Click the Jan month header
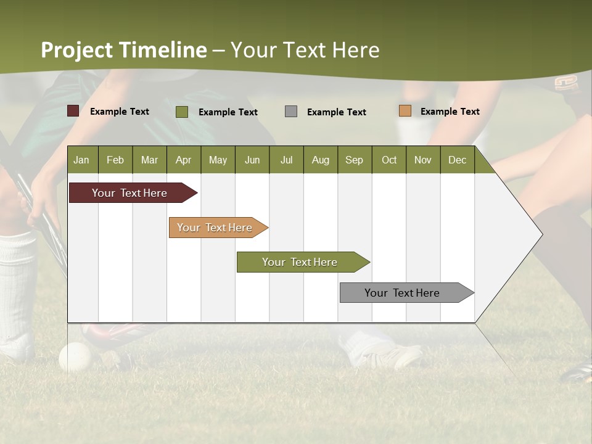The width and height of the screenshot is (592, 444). tap(82, 160)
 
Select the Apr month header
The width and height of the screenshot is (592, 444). tap(184, 160)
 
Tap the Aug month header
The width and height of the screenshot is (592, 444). tap(321, 160)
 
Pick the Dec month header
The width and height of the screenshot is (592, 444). tap(457, 160)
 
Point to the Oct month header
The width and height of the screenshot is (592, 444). tap(389, 160)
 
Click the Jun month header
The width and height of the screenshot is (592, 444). tap(252, 160)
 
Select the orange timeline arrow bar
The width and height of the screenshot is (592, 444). tap(215, 228)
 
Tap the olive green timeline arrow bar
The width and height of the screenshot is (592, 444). tap(300, 262)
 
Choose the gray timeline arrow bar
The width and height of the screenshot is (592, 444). tap(403, 293)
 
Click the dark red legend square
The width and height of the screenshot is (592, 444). tap(73, 111)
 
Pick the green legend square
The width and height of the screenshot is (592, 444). tap(182, 112)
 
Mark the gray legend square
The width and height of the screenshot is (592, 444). tap(291, 111)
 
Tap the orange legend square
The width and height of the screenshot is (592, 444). tap(405, 111)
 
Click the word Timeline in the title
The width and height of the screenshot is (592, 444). tap(163, 50)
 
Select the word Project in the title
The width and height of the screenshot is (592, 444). tap(77, 50)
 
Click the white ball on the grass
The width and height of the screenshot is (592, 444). tap(75, 357)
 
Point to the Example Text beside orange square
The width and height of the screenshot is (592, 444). tap(450, 111)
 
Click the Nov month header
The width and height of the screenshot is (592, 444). tap(423, 160)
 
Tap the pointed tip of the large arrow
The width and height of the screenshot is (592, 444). tap(541, 234)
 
